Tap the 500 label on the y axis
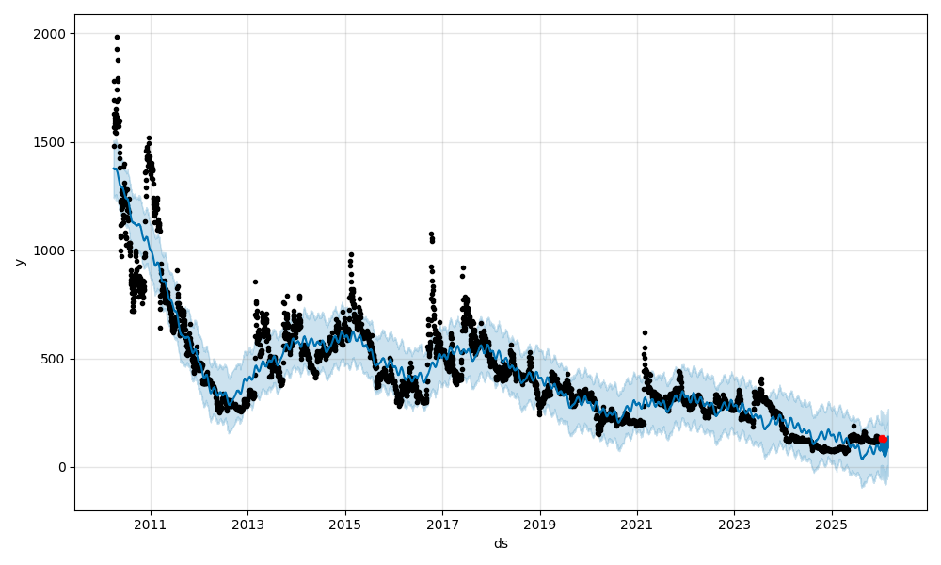[56, 359]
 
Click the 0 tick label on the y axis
[62, 467]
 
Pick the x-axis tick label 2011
[151, 525]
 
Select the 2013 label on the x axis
[247, 525]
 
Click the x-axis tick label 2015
[344, 525]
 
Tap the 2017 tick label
[442, 525]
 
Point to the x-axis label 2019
[539, 525]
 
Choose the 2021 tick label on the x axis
[637, 525]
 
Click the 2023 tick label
[734, 525]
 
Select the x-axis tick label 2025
[831, 525]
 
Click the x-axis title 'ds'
[501, 543]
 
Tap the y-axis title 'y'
[18, 262]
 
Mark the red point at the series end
[883, 439]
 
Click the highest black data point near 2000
[117, 37]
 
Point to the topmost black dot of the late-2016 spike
[431, 234]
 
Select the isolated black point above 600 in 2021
[645, 332]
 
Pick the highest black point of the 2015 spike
[351, 254]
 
